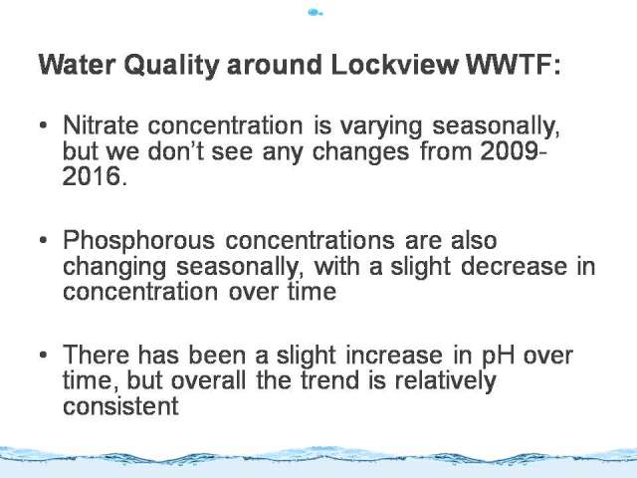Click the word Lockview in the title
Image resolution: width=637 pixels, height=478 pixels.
click(394, 64)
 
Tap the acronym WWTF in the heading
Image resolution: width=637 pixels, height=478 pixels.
click(508, 64)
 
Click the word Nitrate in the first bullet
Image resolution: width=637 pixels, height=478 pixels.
click(101, 124)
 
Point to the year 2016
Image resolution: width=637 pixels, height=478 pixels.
click(93, 176)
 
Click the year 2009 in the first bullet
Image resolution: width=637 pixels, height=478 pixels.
click(511, 151)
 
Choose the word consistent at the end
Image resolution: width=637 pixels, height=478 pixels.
click(120, 405)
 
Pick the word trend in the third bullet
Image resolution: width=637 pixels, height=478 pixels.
click(329, 380)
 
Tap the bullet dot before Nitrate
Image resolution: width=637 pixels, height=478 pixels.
click(44, 125)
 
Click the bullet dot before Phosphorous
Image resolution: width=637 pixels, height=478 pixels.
click(44, 240)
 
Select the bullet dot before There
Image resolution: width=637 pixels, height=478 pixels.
click(44, 356)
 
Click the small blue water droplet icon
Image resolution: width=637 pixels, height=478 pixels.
click(315, 13)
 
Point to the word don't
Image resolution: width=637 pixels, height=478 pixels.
click(175, 151)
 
